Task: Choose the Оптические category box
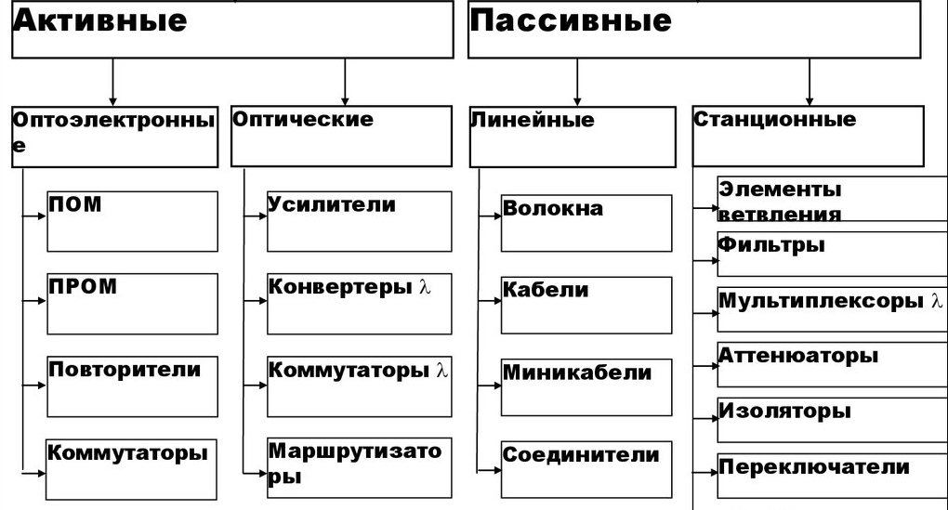345,136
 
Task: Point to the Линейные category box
573,137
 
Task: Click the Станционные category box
808,136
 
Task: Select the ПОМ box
132,221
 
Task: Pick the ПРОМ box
132,303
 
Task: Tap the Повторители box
132,386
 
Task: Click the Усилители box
359,221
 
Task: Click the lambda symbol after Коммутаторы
442,370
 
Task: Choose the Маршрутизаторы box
359,467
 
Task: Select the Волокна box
586,223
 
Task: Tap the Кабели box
586,305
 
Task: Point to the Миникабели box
586,386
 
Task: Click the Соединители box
586,468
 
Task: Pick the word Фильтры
771,246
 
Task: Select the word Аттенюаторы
798,356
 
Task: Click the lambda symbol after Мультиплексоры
937,301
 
